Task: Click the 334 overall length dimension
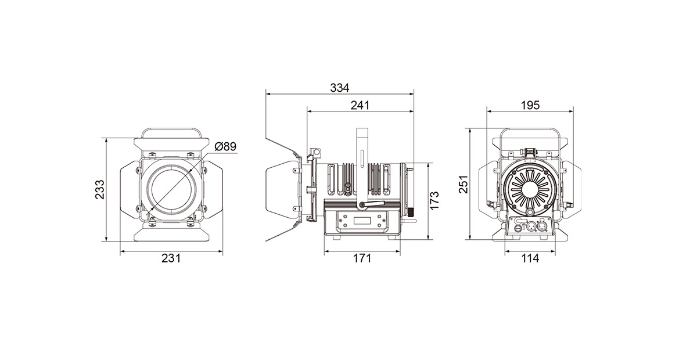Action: pyautogui.click(x=339, y=88)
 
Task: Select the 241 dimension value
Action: pyautogui.click(x=360, y=106)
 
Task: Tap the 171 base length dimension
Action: pyautogui.click(x=362, y=258)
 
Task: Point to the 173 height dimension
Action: pyautogui.click(x=434, y=200)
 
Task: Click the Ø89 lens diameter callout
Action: pyautogui.click(x=225, y=146)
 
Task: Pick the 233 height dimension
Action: pyautogui.click(x=99, y=189)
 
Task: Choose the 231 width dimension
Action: pyautogui.click(x=171, y=258)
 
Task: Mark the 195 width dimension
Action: pyautogui.click(x=530, y=105)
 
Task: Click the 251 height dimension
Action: pyautogui.click(x=464, y=184)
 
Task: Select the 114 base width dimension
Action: pyautogui.click(x=530, y=258)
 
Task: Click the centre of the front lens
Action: pyautogui.click(x=171, y=190)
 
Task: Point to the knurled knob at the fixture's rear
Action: pyautogui.click(x=412, y=213)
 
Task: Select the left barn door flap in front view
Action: pyautogui.click(x=130, y=190)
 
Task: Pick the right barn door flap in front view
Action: pyautogui.click(x=213, y=190)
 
